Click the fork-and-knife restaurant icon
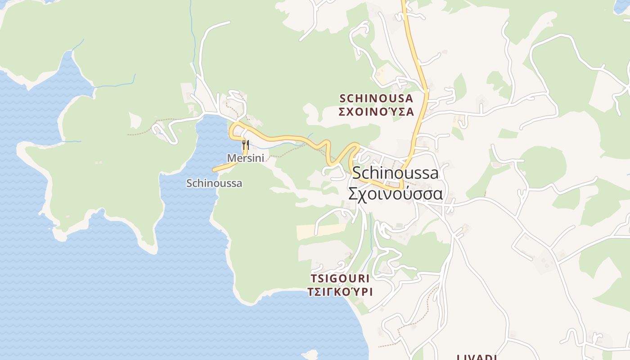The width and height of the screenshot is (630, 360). pyautogui.click(x=245, y=145)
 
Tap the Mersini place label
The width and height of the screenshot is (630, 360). pyautogui.click(x=245, y=158)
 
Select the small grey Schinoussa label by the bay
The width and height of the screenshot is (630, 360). pyautogui.click(x=214, y=183)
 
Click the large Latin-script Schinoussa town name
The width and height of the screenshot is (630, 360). pyautogui.click(x=395, y=173)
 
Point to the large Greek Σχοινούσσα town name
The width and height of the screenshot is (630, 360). pyautogui.click(x=395, y=193)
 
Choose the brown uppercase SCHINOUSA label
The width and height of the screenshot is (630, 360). pyautogui.click(x=376, y=98)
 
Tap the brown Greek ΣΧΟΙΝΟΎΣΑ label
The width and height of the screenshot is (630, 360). pyautogui.click(x=376, y=112)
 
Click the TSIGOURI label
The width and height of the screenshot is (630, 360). pyautogui.click(x=340, y=278)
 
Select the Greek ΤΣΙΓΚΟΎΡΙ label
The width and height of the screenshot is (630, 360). pyautogui.click(x=340, y=292)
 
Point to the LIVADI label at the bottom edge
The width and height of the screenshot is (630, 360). pyautogui.click(x=477, y=357)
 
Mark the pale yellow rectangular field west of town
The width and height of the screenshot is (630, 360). pyautogui.click(x=321, y=230)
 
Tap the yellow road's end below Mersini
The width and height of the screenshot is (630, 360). pyautogui.click(x=214, y=170)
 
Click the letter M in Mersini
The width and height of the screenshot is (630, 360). pyautogui.click(x=231, y=158)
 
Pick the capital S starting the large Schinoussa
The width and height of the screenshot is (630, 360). pyautogui.click(x=357, y=173)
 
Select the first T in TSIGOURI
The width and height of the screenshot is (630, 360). pyautogui.click(x=313, y=278)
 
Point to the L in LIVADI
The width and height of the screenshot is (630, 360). pyautogui.click(x=459, y=357)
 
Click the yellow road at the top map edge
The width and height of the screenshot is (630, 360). pyautogui.click(x=404, y=2)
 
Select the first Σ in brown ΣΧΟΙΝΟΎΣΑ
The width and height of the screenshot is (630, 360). pyautogui.click(x=342, y=112)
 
